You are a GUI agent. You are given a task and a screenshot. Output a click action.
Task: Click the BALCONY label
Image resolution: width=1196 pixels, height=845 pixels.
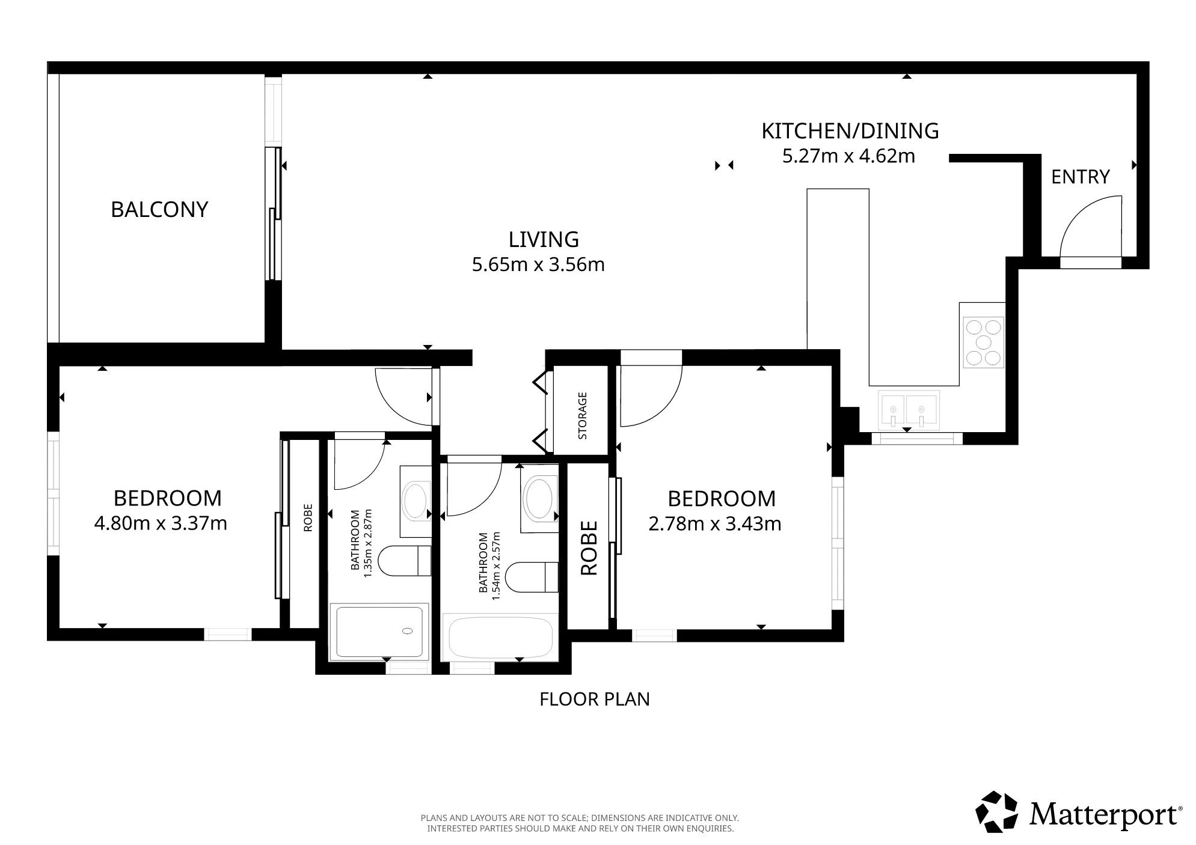tap(159, 209)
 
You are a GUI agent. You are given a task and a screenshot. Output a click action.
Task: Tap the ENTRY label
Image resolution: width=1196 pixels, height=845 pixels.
tap(1080, 177)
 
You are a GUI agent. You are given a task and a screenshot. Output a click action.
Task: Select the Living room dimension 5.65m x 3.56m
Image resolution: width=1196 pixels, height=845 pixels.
tap(538, 264)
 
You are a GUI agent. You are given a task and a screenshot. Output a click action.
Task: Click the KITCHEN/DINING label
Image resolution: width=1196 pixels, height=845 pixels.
tap(850, 130)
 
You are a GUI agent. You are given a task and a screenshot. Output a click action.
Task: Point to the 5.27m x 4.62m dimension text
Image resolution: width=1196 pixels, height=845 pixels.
tap(848, 156)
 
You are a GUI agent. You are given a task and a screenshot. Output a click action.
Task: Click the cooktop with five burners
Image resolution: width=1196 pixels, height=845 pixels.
tap(983, 342)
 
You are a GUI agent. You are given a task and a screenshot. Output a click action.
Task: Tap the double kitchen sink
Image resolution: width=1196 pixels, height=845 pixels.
tap(907, 410)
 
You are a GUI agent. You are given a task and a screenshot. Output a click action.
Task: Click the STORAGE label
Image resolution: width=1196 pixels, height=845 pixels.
tap(582, 416)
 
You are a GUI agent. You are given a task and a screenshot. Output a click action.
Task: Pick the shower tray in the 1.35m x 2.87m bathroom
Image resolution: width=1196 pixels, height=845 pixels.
tap(379, 632)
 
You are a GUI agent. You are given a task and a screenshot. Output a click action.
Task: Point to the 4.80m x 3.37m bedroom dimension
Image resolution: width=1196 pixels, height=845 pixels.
tap(161, 523)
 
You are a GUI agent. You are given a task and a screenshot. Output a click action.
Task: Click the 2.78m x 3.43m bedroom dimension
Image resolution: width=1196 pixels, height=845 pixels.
tap(715, 524)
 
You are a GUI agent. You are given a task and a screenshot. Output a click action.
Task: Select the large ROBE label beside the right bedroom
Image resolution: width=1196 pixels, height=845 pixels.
tap(589, 548)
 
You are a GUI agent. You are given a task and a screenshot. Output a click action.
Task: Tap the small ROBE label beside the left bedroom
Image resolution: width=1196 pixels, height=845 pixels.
tap(308, 517)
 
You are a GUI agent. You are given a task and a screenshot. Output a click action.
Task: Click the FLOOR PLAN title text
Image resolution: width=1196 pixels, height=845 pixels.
tap(595, 700)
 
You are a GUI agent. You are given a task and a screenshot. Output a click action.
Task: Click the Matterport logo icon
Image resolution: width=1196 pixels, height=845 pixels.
tap(996, 811)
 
